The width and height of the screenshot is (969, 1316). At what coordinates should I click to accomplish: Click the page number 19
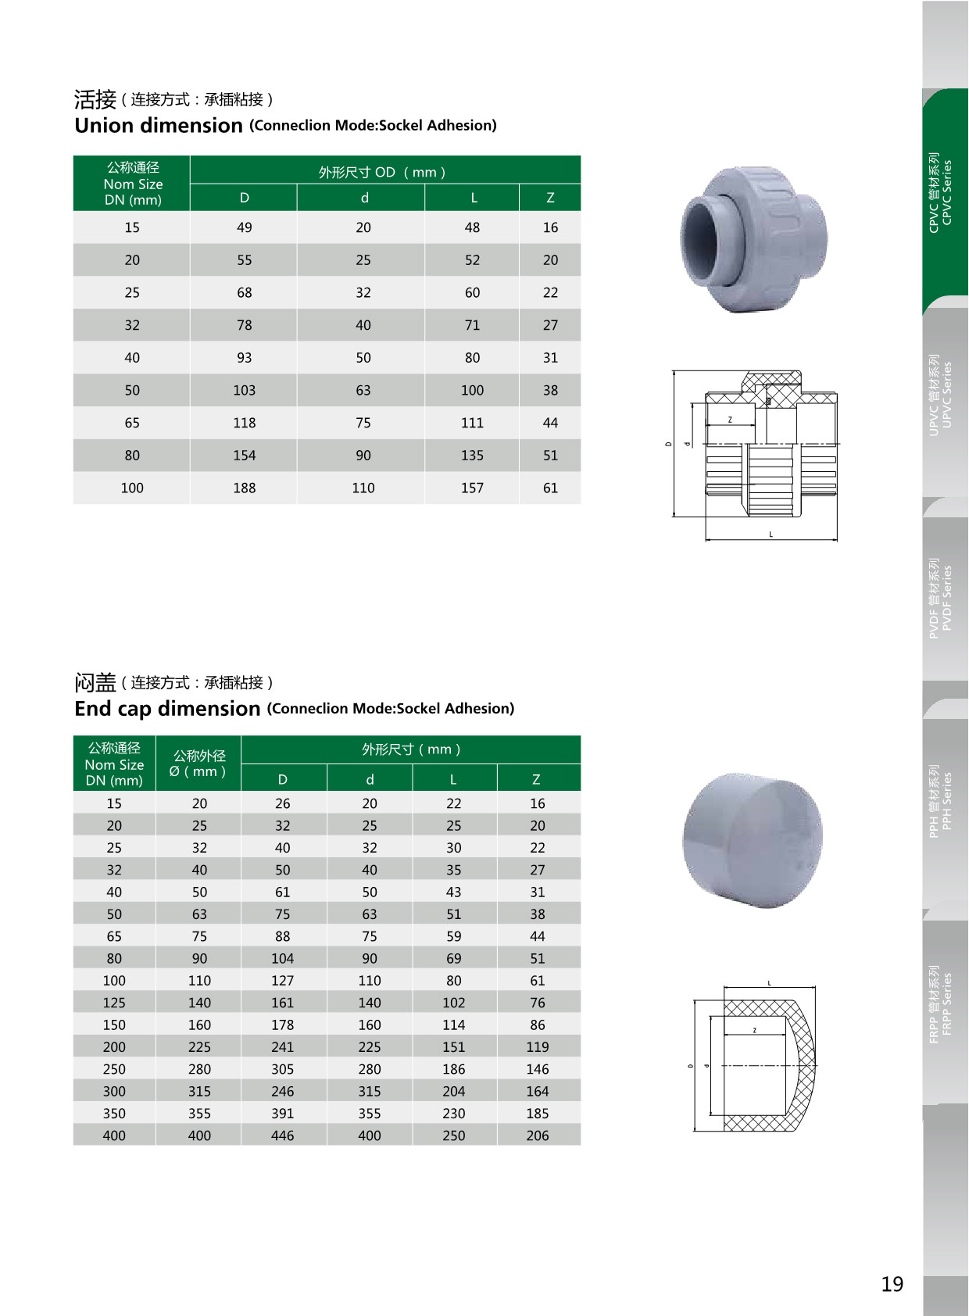point(892,1284)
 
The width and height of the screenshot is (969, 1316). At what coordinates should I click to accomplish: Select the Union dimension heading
point(159,125)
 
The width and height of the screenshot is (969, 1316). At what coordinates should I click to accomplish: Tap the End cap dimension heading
point(167,708)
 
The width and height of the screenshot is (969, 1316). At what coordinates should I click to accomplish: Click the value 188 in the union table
point(244,488)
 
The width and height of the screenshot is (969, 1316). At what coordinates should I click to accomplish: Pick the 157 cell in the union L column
point(472,488)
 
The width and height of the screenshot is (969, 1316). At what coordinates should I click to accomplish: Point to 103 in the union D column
point(244,390)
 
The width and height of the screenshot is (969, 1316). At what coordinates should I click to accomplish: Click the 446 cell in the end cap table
point(282,1135)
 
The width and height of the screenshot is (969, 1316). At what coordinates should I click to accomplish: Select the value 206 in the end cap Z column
point(537,1135)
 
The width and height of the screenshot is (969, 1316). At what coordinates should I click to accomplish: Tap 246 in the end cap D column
point(282,1091)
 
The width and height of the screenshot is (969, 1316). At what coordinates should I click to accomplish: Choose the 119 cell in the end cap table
point(537,1046)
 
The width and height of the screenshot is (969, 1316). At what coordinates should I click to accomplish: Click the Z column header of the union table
point(550,198)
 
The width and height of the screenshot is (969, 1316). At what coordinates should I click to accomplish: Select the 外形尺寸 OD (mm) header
point(382,172)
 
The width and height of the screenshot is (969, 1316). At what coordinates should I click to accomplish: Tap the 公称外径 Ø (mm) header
point(198,763)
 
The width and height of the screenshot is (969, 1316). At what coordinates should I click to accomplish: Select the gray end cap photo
point(753,840)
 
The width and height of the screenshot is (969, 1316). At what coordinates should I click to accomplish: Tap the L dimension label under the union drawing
point(771,535)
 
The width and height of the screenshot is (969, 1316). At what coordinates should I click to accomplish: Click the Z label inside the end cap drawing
point(754,1030)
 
